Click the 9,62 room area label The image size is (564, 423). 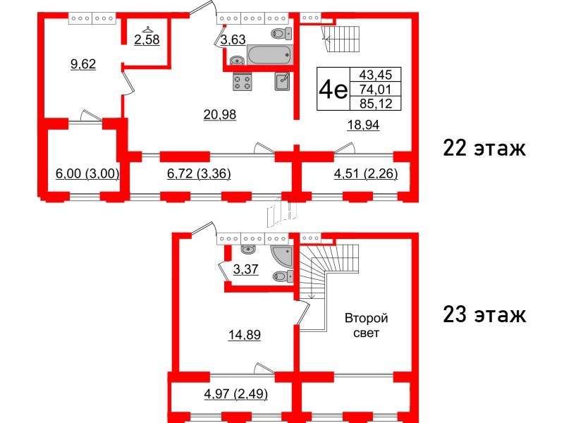(83, 64)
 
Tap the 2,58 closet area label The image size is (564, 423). (147, 39)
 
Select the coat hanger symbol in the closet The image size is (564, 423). (147, 29)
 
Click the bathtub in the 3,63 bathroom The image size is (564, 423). (269, 55)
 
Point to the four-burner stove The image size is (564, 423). (243, 82)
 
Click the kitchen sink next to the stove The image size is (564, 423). (283, 82)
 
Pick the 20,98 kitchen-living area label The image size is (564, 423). (220, 115)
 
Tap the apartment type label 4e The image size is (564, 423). (333, 90)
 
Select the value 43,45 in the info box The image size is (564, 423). (375, 75)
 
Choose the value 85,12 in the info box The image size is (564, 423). (375, 104)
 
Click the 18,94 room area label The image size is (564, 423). (363, 125)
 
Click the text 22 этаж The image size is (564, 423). (484, 148)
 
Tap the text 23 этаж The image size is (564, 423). (484, 314)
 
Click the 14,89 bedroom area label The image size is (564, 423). (245, 336)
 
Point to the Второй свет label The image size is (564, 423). (366, 326)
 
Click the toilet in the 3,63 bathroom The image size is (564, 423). (281, 34)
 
